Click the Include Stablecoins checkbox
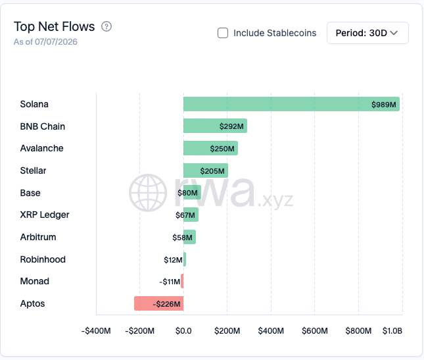tap(223, 33)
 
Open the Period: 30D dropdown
tap(367, 33)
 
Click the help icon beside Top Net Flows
tap(106, 26)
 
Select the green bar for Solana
tap(291, 104)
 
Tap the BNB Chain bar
tap(215, 126)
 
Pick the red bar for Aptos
tap(159, 303)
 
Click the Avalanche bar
tap(210, 148)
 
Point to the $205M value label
tap(212, 171)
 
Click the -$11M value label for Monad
tap(170, 282)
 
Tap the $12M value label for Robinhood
tap(173, 260)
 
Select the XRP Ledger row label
tap(45, 215)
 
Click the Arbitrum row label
tap(38, 237)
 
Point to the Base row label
tap(30, 193)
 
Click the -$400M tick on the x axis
tap(96, 331)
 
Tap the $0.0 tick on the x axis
tap(183, 331)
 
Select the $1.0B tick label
tap(392, 331)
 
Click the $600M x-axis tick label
tap(315, 331)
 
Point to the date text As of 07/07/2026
tap(45, 42)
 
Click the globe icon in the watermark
tap(148, 193)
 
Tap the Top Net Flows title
tap(55, 26)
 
